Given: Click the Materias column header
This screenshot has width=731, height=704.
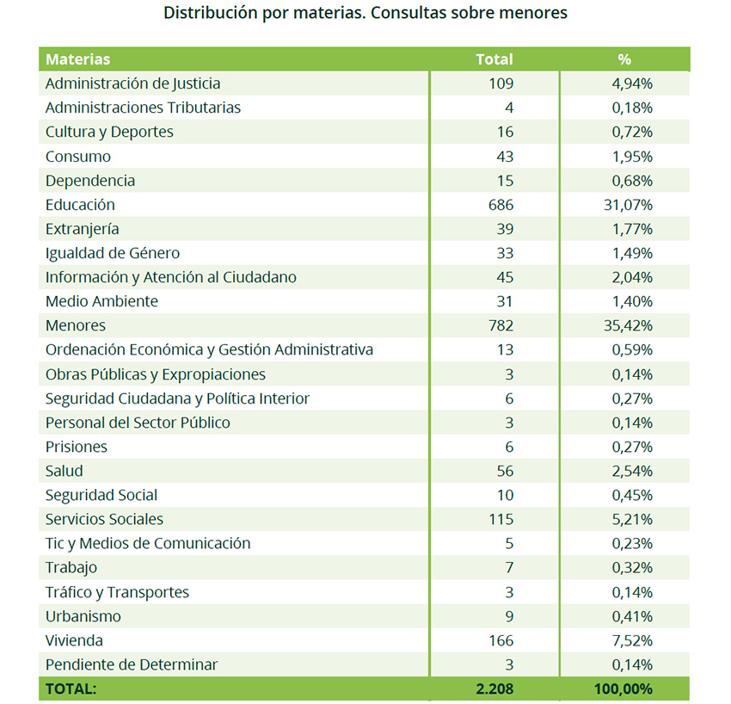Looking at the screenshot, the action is click(x=78, y=59).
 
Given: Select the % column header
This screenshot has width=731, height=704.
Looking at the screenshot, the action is click(x=624, y=59).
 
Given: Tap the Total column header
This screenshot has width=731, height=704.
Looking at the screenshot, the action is click(x=494, y=59).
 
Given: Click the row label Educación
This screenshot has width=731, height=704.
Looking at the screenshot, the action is click(x=80, y=205).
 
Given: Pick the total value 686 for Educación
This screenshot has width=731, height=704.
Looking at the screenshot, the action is click(x=501, y=205).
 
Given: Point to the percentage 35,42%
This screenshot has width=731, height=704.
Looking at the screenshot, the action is click(x=628, y=325).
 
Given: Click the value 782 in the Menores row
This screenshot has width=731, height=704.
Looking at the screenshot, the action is click(x=501, y=325).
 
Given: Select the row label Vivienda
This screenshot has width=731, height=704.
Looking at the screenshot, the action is click(x=74, y=640).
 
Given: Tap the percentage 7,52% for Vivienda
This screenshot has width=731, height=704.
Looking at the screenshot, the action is click(x=632, y=640).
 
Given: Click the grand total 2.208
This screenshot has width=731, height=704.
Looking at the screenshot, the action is click(x=494, y=689).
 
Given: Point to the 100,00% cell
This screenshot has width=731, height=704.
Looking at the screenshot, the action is click(x=623, y=689).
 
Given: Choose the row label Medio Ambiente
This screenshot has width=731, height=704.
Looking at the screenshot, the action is click(x=101, y=301).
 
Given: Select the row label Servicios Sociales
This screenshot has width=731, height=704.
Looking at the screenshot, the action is click(x=104, y=519).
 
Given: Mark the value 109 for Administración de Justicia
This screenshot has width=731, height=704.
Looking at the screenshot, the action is click(x=501, y=83).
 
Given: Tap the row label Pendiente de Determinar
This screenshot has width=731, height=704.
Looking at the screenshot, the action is click(x=132, y=664).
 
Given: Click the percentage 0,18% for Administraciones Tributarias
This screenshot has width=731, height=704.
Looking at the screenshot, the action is click(x=632, y=108).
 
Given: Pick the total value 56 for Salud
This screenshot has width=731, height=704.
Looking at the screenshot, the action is click(x=505, y=472).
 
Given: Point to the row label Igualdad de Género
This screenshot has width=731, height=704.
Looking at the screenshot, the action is click(x=113, y=253).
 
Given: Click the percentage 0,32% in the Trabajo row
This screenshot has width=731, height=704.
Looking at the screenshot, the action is click(x=632, y=568).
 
